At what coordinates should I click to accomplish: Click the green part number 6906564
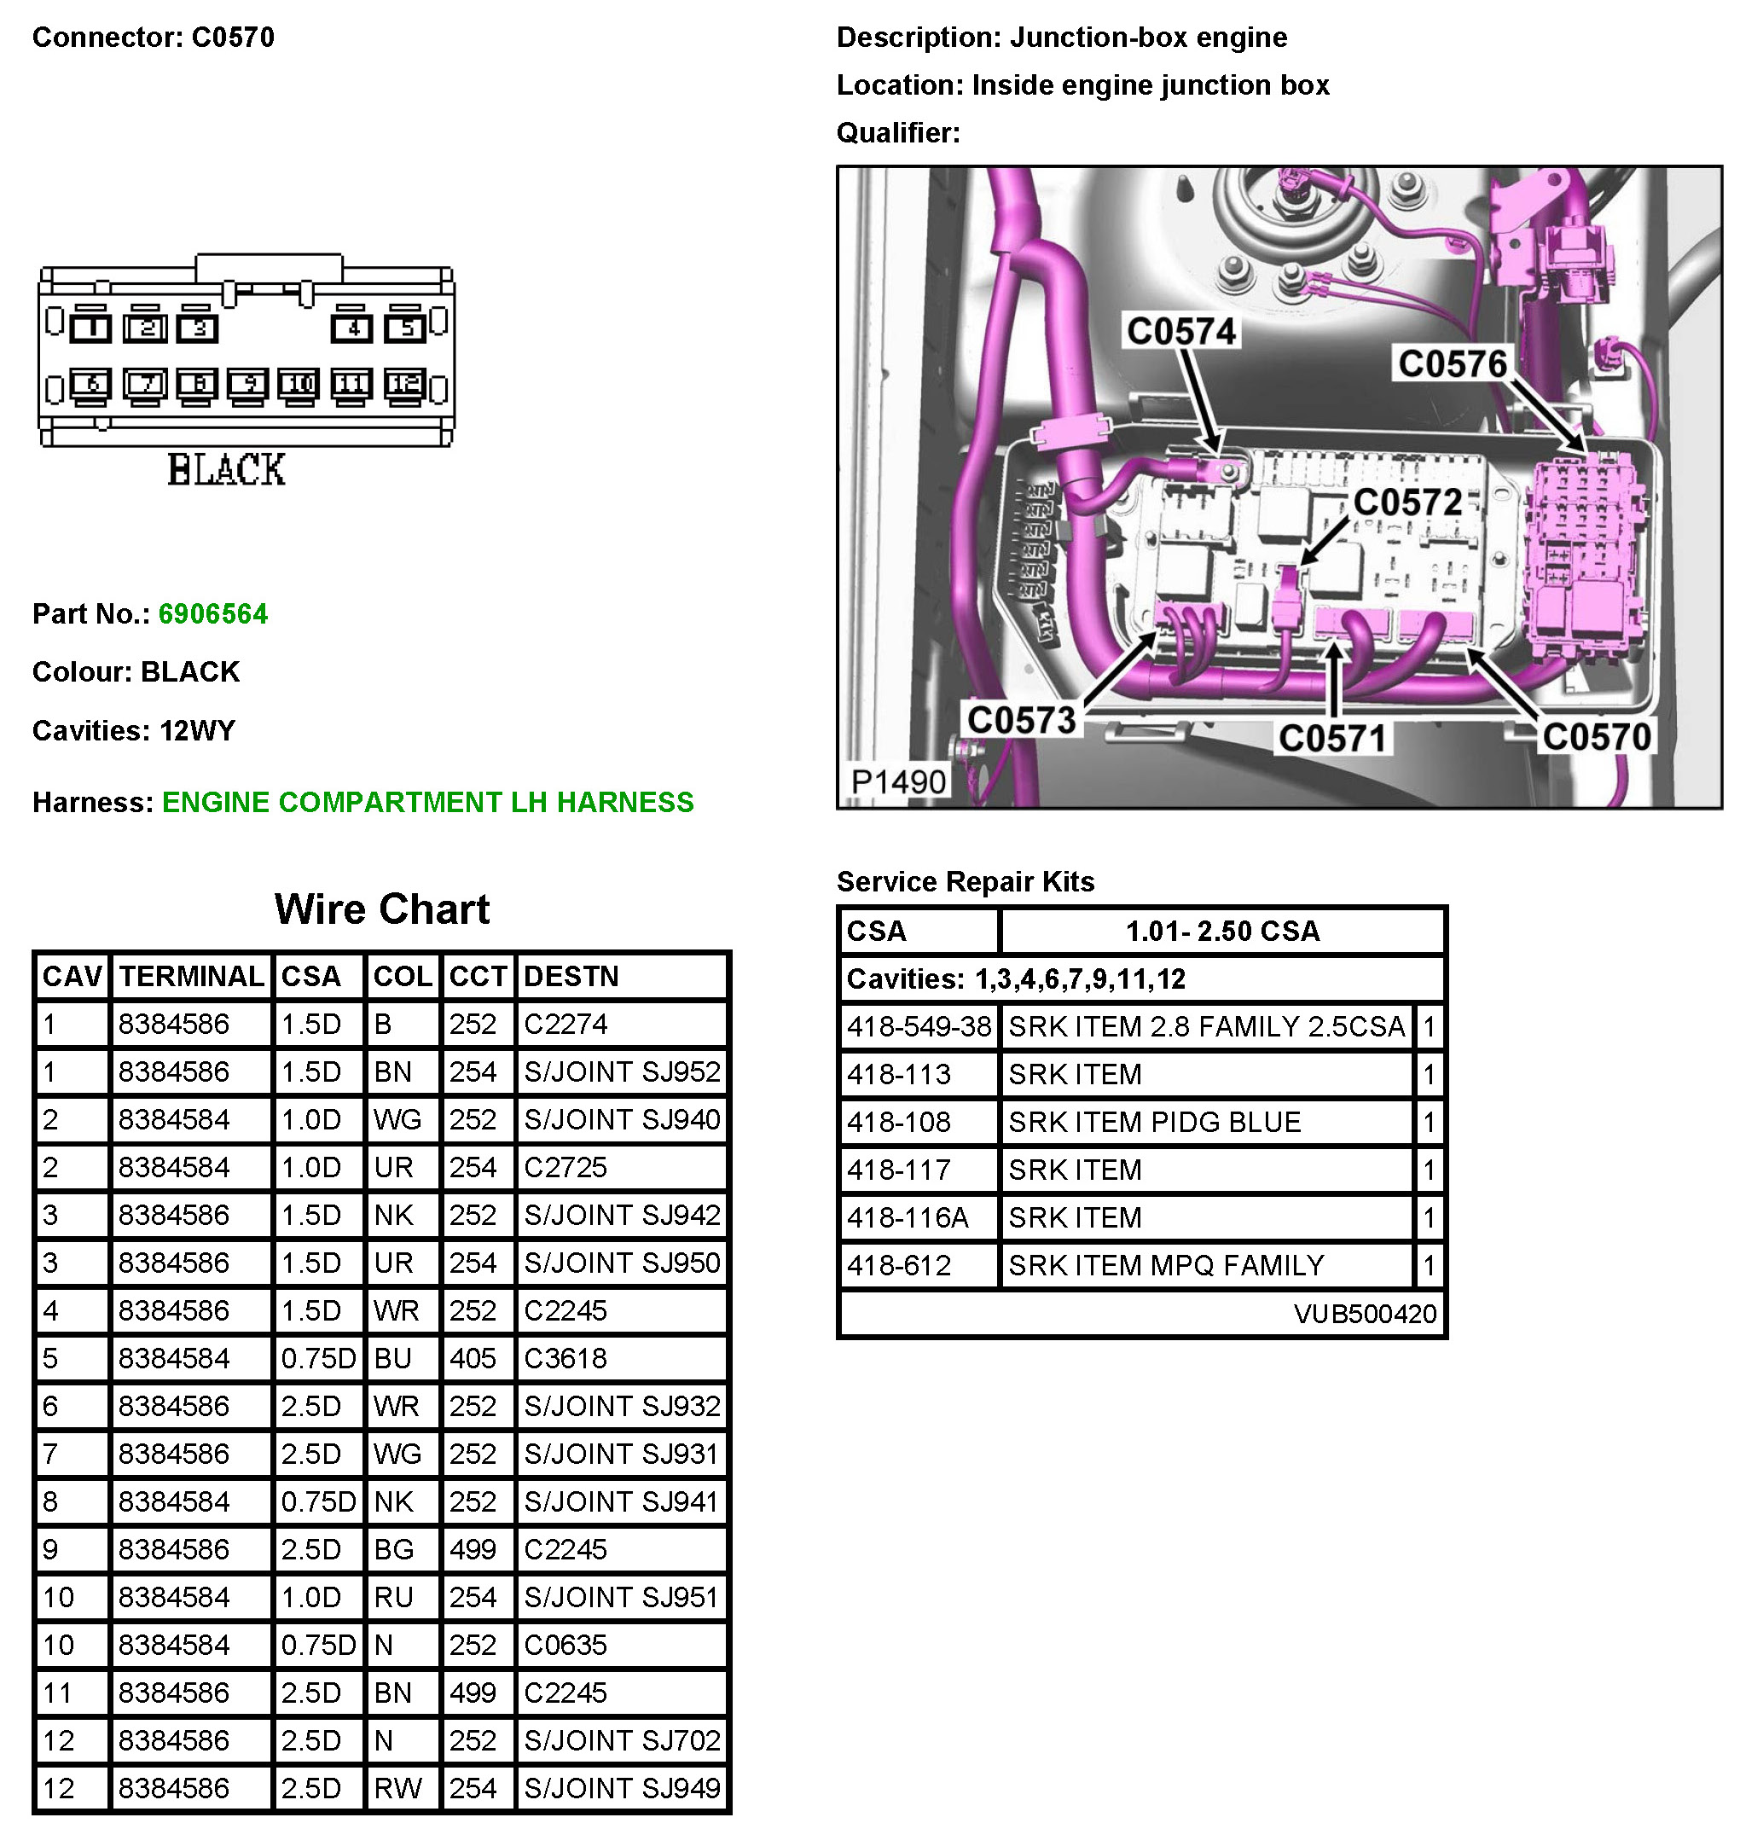[x=212, y=614]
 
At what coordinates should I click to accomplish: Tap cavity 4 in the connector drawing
[x=352, y=328]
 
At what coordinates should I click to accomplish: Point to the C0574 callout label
[x=1180, y=331]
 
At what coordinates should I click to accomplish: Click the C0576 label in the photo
[x=1452, y=363]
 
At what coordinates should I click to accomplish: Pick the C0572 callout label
[x=1406, y=502]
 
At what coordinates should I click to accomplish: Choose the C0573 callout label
[x=1020, y=720]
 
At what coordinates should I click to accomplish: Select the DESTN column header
[x=571, y=976]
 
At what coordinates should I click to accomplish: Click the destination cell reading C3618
[x=565, y=1358]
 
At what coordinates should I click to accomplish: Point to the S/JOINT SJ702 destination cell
[x=622, y=1740]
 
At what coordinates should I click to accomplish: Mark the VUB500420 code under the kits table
[x=1364, y=1314]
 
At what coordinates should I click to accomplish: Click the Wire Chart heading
[x=381, y=909]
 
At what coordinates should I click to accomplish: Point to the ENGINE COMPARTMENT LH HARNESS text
[x=427, y=802]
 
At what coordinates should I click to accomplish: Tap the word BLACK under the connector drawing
[x=226, y=469]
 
